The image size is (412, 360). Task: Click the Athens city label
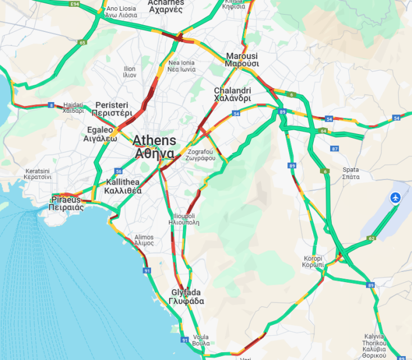pyautogui.click(x=154, y=146)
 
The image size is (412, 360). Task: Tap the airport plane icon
pyautogui.click(x=396, y=197)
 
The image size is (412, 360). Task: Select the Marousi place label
pyautogui.click(x=242, y=59)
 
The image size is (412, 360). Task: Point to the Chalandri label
pyautogui.click(x=232, y=94)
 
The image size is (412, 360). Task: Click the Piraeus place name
pyautogui.click(x=66, y=203)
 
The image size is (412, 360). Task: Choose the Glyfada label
pyautogui.click(x=186, y=297)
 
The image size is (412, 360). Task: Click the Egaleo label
pyautogui.click(x=100, y=134)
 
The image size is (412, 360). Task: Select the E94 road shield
pyautogui.click(x=74, y=4)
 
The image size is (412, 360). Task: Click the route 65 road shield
pyautogui.click(x=83, y=43)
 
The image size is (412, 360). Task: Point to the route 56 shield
pyautogui.click(x=118, y=171)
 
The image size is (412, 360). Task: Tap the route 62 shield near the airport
pyautogui.click(x=371, y=238)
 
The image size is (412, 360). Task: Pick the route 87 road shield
pyautogui.click(x=335, y=149)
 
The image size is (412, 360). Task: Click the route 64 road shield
pyautogui.click(x=323, y=131)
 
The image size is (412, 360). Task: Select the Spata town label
pyautogui.click(x=351, y=173)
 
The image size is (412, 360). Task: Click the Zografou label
pyautogui.click(x=201, y=155)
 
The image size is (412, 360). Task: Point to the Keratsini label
pyautogui.click(x=38, y=174)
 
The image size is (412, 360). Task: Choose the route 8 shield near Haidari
pyautogui.click(x=51, y=105)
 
